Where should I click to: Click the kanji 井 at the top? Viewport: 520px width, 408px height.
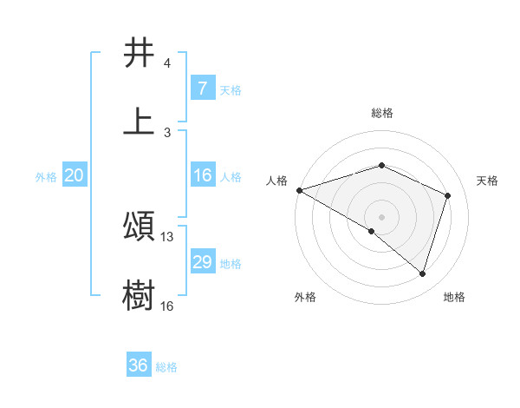[140, 53]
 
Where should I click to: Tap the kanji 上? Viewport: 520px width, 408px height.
[140, 121]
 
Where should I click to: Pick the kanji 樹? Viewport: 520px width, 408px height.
[140, 294]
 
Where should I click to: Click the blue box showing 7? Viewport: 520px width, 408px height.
[202, 88]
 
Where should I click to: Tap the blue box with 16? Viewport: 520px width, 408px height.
[202, 175]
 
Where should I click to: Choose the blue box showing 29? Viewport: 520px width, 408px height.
[202, 262]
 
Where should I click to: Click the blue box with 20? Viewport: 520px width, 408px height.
[74, 175]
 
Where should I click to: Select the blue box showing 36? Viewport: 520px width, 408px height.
[138, 365]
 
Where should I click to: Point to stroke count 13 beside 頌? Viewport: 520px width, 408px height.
[167, 237]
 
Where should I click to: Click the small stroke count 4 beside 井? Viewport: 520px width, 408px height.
[167, 64]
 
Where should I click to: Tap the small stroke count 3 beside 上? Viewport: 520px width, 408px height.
[167, 132]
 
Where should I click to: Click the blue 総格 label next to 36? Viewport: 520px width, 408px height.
[166, 367]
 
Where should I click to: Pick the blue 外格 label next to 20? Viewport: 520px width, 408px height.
[46, 177]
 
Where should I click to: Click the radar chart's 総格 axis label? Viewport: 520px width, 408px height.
[381, 113]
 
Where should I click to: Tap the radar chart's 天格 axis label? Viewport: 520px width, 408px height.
[487, 181]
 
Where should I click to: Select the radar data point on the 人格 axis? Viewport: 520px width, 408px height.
[299, 189]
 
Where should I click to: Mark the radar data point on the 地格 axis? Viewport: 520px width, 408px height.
[422, 274]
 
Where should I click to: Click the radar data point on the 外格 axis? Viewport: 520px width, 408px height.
[372, 231]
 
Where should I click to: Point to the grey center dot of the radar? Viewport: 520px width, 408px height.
[381, 216]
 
